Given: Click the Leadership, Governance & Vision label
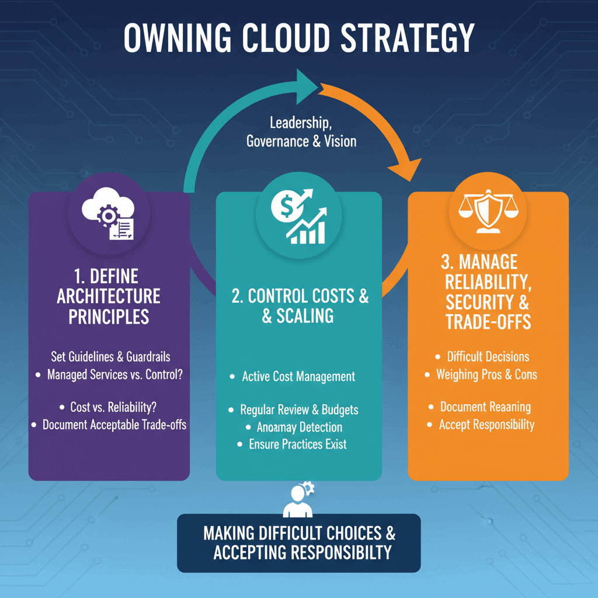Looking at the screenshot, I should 301,132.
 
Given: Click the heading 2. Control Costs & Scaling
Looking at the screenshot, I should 300,305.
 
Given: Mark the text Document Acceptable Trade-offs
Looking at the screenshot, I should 114,425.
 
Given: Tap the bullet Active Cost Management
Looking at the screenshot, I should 298,377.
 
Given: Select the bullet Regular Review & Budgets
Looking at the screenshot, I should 300,410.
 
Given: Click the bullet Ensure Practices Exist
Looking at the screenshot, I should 297,444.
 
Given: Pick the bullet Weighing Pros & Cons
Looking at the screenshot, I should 486,374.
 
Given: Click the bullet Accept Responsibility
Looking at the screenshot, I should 486,425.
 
